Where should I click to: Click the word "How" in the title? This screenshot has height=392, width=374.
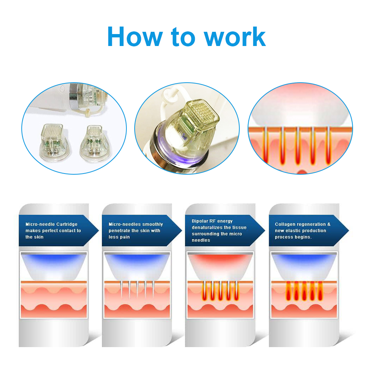[x=135, y=37]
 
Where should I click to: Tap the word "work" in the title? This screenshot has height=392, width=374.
[x=235, y=37]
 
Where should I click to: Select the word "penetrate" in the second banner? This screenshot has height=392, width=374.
[x=119, y=231]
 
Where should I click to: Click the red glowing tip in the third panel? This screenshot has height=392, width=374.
[x=220, y=266]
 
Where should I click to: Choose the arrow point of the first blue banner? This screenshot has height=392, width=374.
[x=99, y=230]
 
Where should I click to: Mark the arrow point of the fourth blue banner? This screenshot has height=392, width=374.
[x=349, y=230]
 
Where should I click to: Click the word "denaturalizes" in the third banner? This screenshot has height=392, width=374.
[x=206, y=227]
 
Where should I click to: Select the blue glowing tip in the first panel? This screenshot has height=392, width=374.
[x=53, y=266]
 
